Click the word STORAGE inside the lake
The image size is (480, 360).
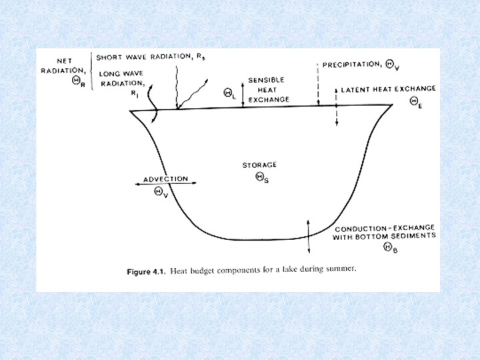[x=259, y=165]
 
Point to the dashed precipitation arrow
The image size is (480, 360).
[x=319, y=83]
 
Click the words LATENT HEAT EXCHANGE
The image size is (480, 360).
[x=388, y=89]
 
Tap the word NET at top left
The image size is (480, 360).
[x=65, y=61]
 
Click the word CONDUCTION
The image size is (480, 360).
[x=359, y=228]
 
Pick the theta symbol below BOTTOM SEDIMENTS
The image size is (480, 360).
[x=387, y=247]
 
